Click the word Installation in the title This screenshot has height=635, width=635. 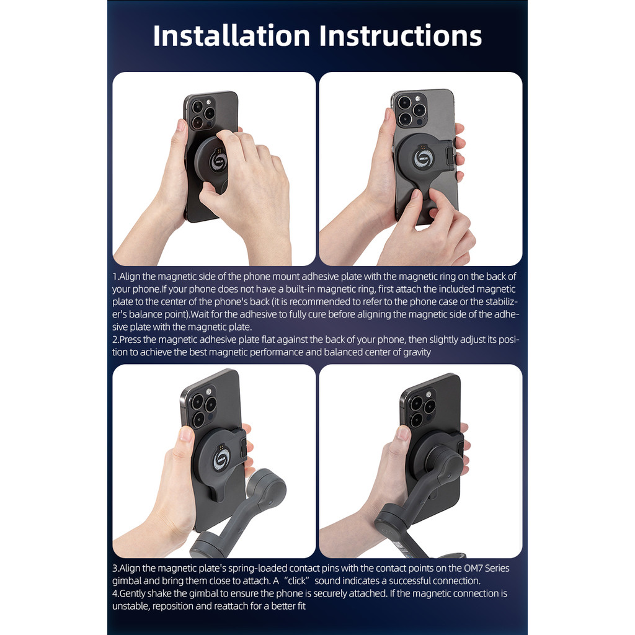coord(231,35)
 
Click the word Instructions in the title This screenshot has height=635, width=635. coord(401,35)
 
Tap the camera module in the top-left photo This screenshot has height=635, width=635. coord(202,113)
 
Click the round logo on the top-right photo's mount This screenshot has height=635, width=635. coord(422,158)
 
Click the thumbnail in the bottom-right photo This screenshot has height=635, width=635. coord(403,433)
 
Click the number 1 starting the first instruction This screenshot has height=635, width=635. coord(115,277)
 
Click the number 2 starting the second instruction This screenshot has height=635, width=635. coord(115,339)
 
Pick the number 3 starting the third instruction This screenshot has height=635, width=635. coord(115,568)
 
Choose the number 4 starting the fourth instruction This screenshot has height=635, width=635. coord(115,593)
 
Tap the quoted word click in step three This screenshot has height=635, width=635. coord(297,580)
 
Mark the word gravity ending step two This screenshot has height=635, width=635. coord(417,352)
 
